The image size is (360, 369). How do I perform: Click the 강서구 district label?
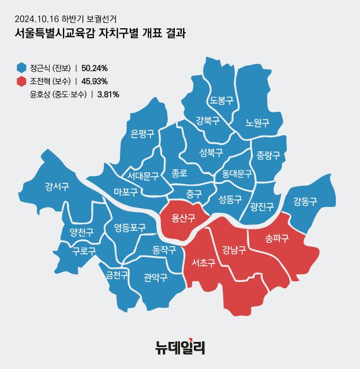(57, 186)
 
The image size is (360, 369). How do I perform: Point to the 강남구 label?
(234, 250)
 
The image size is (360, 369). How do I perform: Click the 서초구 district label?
(203, 263)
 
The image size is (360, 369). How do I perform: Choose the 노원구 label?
(257, 122)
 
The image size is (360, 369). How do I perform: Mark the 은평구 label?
(142, 134)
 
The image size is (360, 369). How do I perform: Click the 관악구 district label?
(155, 277)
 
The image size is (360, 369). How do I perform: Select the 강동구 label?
(305, 201)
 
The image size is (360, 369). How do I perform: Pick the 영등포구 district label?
(130, 227)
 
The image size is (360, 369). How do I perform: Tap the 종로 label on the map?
(179, 172)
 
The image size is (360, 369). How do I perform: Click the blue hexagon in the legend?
(22, 67)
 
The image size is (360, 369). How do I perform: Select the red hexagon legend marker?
(22, 81)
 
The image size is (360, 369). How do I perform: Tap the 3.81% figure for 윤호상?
(107, 94)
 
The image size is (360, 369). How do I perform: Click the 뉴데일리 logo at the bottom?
(180, 347)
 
